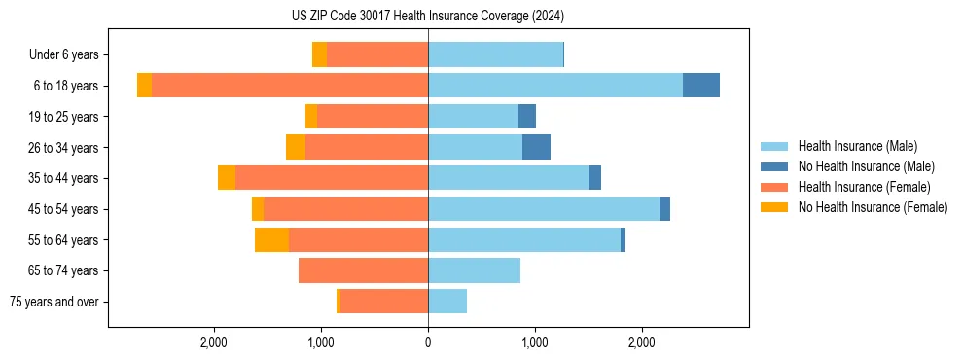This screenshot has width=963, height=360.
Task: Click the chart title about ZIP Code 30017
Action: coord(427,17)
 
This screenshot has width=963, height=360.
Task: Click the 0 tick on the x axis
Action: coord(428,342)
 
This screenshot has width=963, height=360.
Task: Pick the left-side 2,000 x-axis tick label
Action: coord(213,342)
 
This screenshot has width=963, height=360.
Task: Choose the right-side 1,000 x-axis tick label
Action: coord(534,342)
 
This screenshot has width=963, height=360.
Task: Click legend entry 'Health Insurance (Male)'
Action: coord(857,146)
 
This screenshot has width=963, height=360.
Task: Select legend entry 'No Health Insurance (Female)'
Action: coord(873,207)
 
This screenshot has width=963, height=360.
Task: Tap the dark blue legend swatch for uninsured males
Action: coord(775,166)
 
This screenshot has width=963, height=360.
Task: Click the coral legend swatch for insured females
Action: coord(775,187)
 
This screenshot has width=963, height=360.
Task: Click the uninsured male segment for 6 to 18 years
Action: coord(700,86)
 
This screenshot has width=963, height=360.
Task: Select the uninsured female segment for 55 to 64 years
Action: coord(271,239)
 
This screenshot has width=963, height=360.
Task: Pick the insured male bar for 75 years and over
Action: coord(447,302)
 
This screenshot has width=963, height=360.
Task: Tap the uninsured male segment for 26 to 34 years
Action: coord(536,147)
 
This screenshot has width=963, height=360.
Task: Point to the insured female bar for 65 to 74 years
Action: coord(363,270)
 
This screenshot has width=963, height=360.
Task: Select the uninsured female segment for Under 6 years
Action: coord(319,55)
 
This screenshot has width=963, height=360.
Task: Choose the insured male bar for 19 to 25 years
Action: coord(473,117)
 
